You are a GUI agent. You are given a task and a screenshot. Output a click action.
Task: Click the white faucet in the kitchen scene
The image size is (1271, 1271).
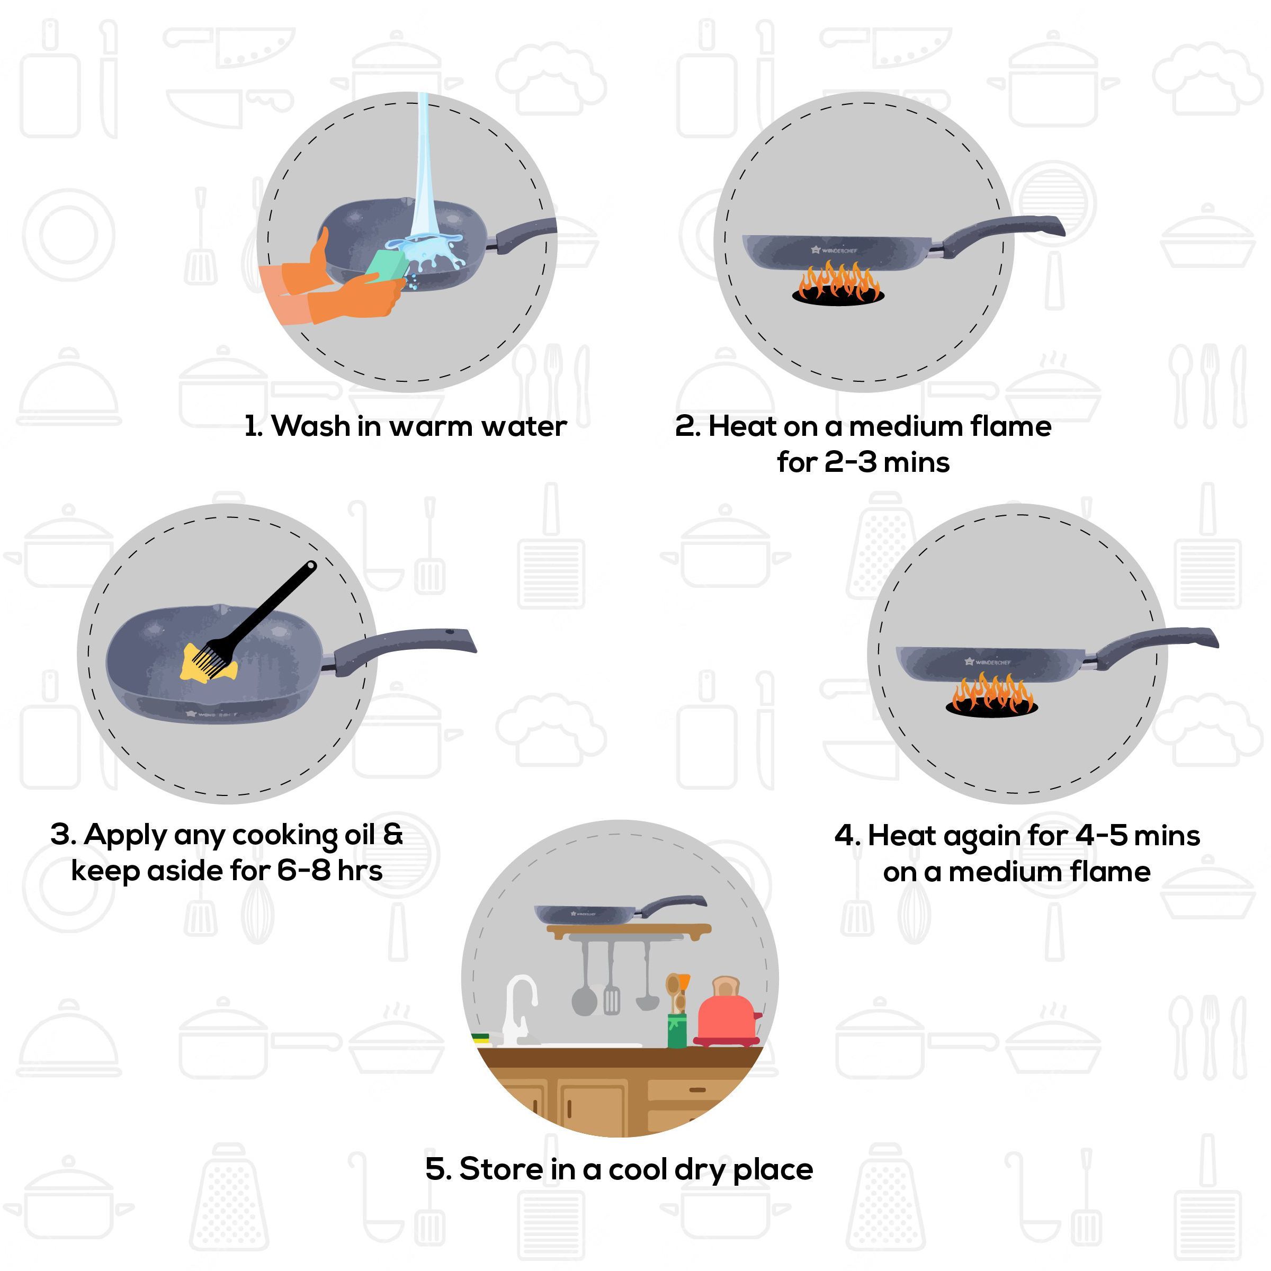(519, 1007)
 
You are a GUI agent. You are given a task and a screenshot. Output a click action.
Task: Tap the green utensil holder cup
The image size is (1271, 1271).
(677, 1030)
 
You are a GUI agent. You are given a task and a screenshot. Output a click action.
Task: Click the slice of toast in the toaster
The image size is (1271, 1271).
(726, 987)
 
